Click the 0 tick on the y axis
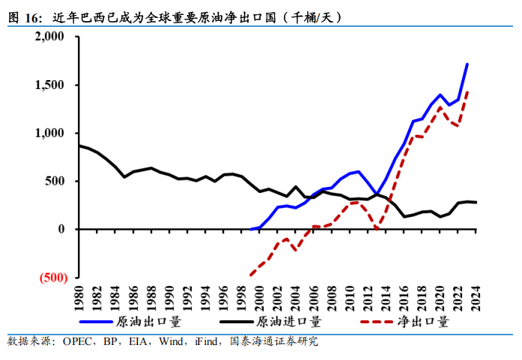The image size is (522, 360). point(63,229)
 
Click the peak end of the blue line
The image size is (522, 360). point(467,64)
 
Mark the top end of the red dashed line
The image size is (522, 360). point(467,92)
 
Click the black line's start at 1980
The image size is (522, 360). point(79,145)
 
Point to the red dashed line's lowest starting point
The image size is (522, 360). point(250,275)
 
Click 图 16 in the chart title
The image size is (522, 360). point(24,17)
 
